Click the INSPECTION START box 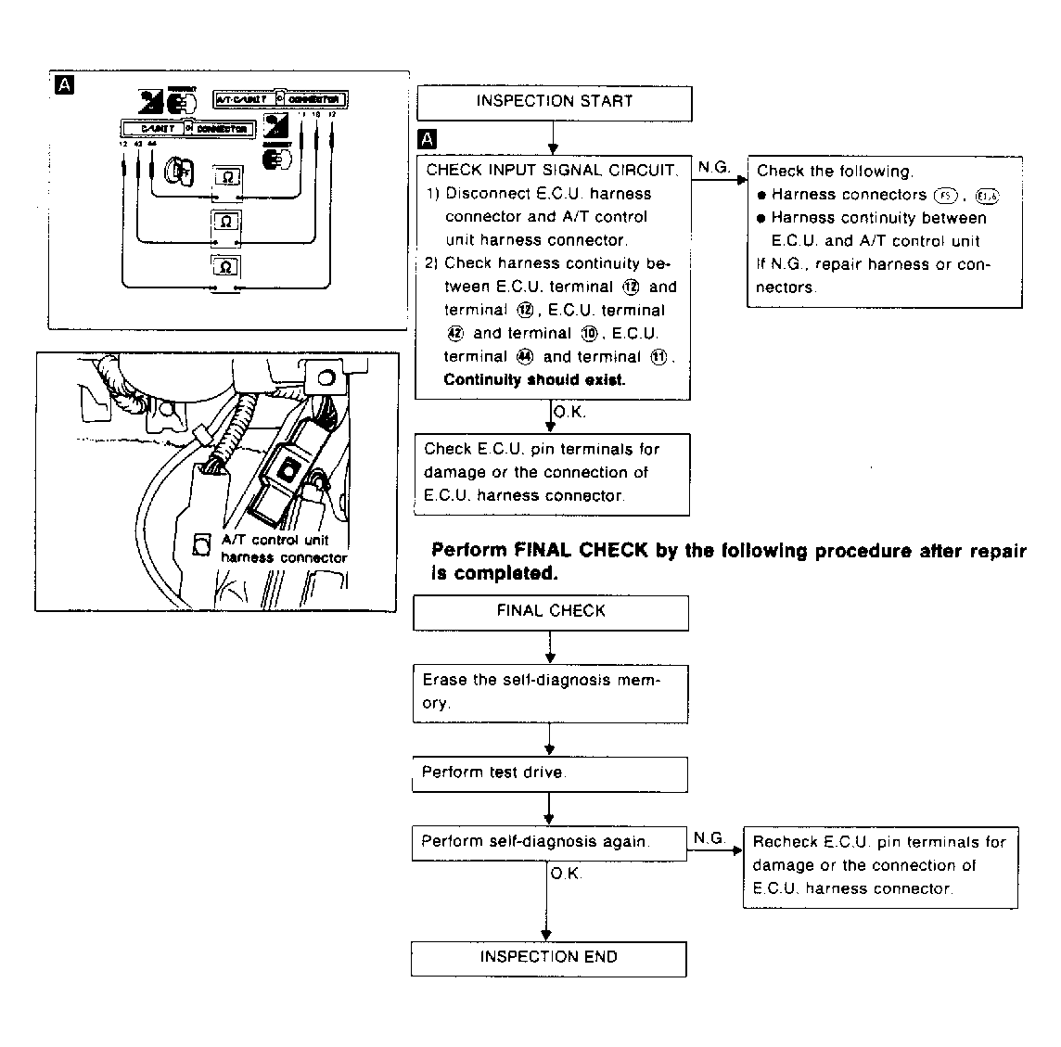point(554,102)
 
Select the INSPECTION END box point(548,958)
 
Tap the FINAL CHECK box point(551,612)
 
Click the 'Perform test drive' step point(549,773)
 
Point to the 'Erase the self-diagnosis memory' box point(549,692)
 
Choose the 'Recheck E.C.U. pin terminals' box point(879,866)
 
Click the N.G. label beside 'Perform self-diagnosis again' point(709,838)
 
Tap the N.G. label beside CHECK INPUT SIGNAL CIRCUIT point(713,167)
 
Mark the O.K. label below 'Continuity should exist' point(569,413)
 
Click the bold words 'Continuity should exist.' point(534,380)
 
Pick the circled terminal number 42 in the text point(455,334)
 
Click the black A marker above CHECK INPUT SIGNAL point(427,139)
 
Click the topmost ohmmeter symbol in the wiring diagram point(227,176)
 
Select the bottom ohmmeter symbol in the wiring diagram point(226,267)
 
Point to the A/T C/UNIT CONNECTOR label point(281,98)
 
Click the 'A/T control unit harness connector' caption point(283,549)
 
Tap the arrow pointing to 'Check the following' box point(719,179)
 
